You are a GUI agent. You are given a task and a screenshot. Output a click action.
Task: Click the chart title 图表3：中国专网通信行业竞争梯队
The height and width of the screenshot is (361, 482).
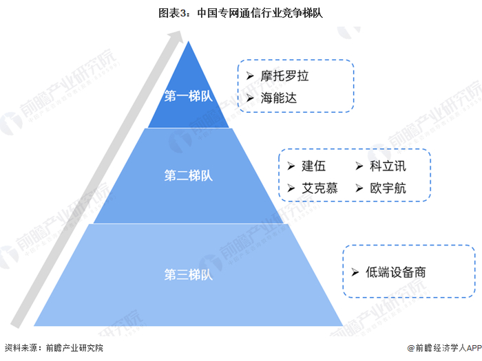point(241,12)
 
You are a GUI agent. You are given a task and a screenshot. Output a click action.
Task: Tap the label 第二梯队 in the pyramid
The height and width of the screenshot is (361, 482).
point(188,175)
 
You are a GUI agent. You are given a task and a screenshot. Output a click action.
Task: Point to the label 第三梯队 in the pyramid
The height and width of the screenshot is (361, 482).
point(188,274)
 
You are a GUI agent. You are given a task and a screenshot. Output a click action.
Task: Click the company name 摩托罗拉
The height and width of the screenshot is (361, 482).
point(284,76)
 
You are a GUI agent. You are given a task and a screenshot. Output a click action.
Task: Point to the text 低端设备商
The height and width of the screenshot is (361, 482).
point(396,272)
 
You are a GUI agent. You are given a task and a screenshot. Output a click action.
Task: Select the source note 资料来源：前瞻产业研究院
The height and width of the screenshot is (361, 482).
point(54,348)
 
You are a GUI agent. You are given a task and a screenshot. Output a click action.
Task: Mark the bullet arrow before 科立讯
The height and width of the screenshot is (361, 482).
point(359,166)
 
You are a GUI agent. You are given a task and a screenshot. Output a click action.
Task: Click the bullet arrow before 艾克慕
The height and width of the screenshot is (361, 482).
point(291,188)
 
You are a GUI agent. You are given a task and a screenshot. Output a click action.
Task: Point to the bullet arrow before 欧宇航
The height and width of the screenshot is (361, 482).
point(359,188)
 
